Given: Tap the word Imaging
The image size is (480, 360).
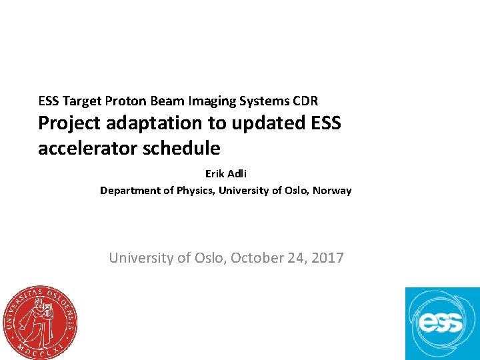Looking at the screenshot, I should tap(215, 101).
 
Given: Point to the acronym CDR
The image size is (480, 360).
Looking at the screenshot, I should tap(305, 101).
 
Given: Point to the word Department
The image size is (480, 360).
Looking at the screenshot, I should tap(131, 191).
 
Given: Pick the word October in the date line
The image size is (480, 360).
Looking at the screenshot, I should tap(261, 257).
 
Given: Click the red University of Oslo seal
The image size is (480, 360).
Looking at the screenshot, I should tap(39, 322).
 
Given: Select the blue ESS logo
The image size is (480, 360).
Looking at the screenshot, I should tap(442, 323).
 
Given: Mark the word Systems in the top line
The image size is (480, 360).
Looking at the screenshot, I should tap(264, 101).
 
